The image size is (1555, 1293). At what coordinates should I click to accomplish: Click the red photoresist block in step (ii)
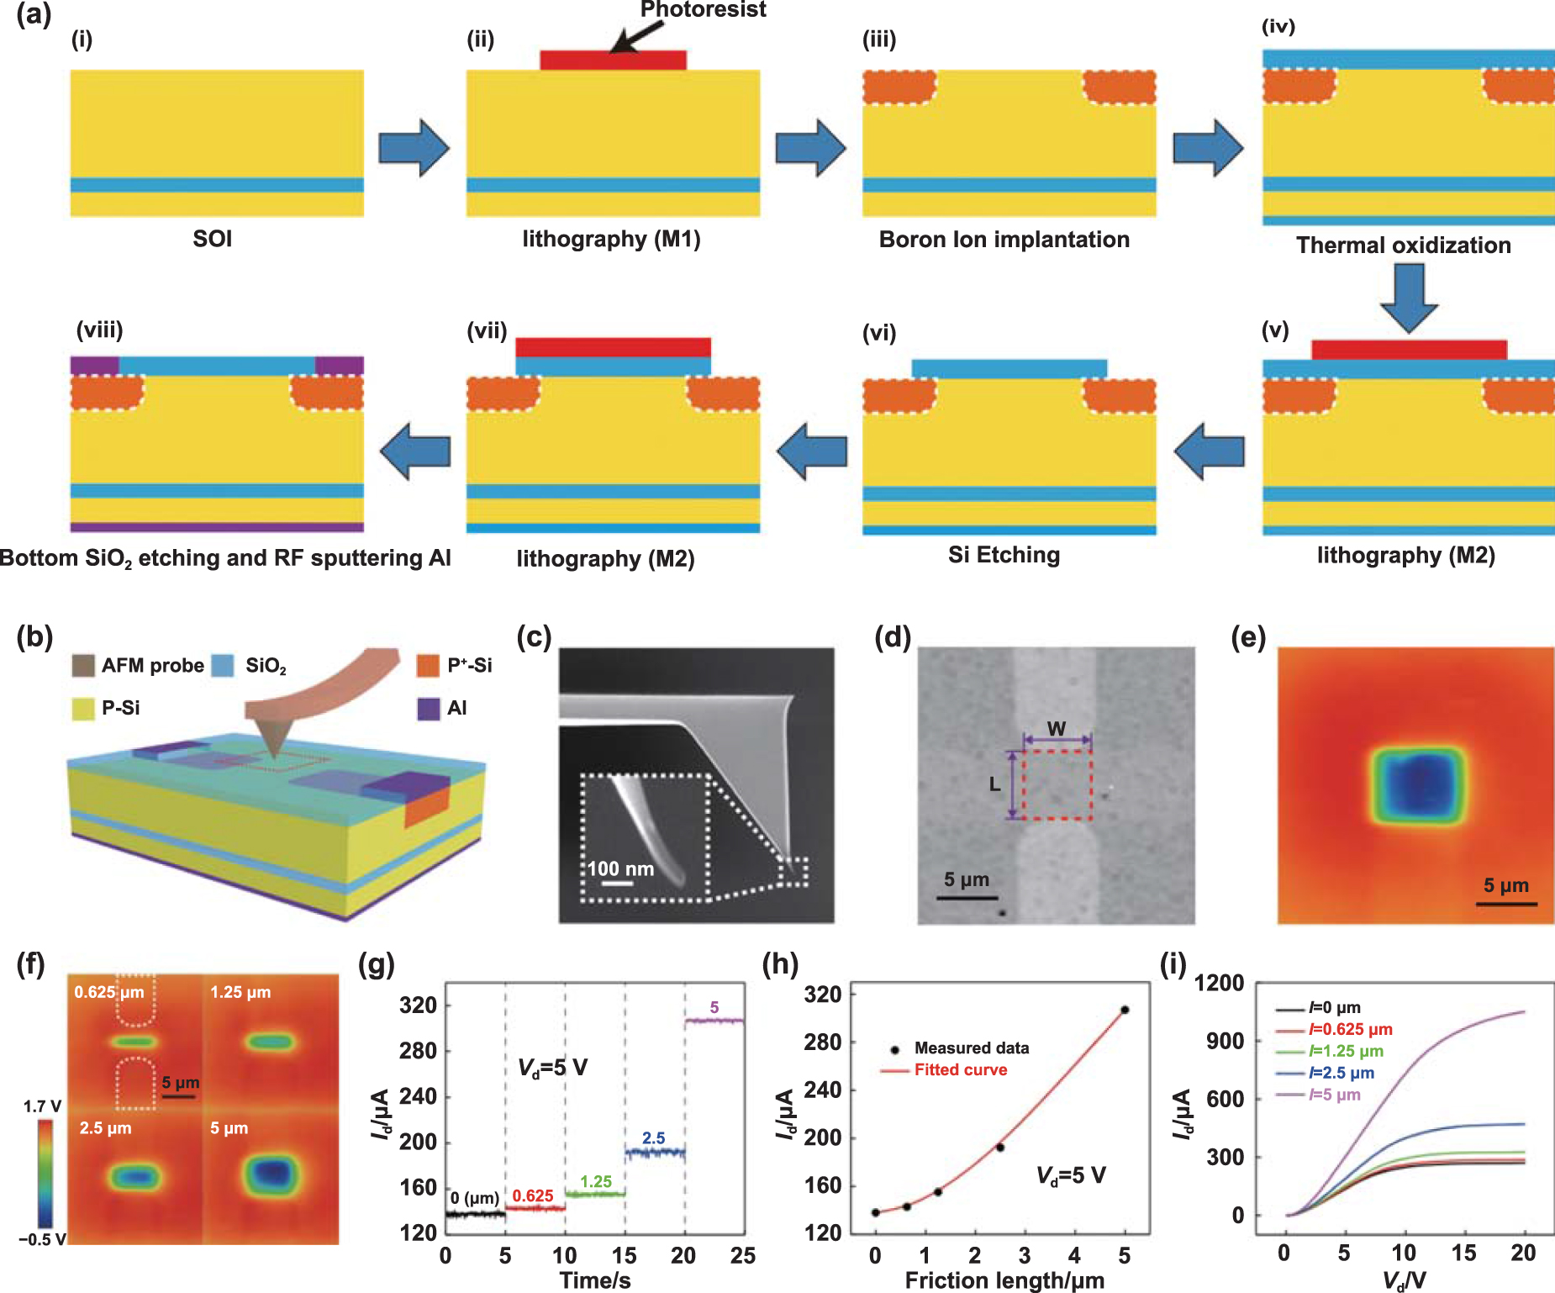point(613,61)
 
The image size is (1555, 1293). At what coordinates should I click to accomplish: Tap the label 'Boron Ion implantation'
point(1004,240)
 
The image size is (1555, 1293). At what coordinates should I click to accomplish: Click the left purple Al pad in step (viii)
point(94,365)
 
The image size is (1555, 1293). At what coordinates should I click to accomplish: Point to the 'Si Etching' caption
point(1004,555)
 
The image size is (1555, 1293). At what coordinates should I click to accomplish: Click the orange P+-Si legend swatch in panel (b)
point(428,666)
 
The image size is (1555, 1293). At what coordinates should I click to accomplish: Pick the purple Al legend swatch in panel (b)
point(428,709)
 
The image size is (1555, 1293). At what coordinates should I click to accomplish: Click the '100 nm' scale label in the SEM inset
point(620,869)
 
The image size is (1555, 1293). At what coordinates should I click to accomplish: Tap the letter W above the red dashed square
point(1057,728)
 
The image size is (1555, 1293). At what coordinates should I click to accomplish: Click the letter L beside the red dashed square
point(994,784)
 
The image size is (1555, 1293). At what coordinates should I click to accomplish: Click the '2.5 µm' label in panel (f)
point(105,1128)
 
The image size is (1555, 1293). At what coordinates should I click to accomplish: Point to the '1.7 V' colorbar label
point(41,1106)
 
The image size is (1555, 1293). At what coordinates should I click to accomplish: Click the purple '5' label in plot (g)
point(714,1007)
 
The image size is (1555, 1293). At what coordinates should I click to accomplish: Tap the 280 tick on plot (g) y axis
point(418,1051)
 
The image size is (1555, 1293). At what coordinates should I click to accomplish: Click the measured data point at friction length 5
point(1125,1010)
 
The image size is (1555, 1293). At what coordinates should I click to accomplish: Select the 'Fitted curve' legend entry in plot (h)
point(960,1070)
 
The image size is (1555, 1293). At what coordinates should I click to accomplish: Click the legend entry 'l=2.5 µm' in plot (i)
point(1341,1074)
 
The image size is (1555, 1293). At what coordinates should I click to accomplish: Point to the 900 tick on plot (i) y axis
point(1226,1041)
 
